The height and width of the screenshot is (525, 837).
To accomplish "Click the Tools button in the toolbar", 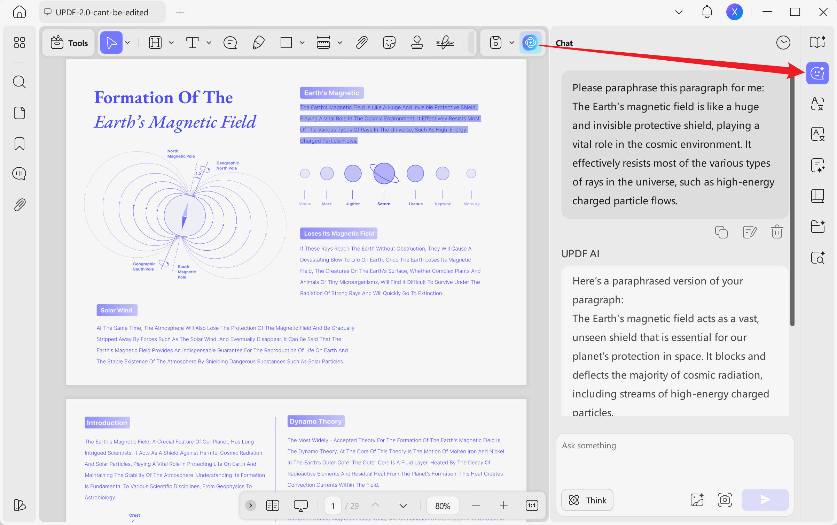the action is click(69, 43).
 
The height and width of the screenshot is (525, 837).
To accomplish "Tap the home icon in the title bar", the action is click(19, 12).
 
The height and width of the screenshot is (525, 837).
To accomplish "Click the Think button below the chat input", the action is click(587, 500).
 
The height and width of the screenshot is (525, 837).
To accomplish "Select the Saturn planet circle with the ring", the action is click(384, 173).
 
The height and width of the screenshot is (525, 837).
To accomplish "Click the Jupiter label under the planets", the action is click(353, 204).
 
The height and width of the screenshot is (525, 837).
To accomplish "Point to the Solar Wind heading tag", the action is click(117, 310).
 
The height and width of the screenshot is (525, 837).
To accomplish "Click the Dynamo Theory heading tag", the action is click(316, 421).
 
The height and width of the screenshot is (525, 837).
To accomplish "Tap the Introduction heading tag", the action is click(107, 423).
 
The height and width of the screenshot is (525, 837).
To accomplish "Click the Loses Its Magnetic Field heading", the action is click(339, 233).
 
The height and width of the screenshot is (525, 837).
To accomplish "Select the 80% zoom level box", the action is click(443, 506).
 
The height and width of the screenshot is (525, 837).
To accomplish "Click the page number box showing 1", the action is click(333, 506).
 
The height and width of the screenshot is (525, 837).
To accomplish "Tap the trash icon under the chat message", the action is click(777, 232).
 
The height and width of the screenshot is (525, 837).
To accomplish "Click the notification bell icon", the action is click(707, 12).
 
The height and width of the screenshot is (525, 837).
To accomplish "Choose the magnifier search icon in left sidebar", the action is click(19, 82).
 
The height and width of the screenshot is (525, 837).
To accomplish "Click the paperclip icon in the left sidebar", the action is click(19, 205).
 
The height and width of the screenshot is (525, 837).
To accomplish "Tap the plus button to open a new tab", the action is click(180, 13).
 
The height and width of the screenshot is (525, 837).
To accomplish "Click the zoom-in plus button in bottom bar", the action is click(504, 505).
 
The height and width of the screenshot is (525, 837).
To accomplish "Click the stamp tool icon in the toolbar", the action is click(417, 43).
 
